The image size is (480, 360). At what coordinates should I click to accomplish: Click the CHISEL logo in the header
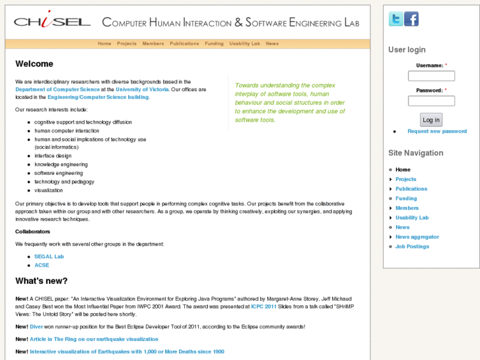pyautogui.click(x=52, y=22)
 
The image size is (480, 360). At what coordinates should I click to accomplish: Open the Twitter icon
pyautogui.click(x=395, y=19)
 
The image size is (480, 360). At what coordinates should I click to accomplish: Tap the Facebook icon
pyautogui.click(x=411, y=19)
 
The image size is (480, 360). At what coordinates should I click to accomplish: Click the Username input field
pyautogui.click(x=431, y=76)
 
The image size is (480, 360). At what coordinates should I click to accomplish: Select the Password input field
pyautogui.click(x=431, y=101)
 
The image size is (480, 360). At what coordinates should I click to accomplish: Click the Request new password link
pyautogui.click(x=436, y=131)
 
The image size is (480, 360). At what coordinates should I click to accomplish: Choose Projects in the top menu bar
pyautogui.click(x=127, y=44)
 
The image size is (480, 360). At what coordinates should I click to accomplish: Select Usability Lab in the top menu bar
pyautogui.click(x=244, y=44)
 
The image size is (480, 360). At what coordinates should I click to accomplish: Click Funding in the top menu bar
pyautogui.click(x=214, y=44)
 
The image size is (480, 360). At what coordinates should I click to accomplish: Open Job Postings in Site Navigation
pyautogui.click(x=412, y=246)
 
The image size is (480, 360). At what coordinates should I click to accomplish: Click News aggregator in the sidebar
pyautogui.click(x=417, y=236)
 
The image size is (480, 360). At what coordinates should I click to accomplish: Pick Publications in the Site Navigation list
pyautogui.click(x=411, y=189)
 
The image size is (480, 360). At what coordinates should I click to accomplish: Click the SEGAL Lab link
pyautogui.click(x=49, y=256)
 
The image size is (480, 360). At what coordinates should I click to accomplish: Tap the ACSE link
pyautogui.click(x=42, y=265)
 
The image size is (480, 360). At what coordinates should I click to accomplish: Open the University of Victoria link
pyautogui.click(x=142, y=89)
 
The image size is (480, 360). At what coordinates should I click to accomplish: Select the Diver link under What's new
pyautogui.click(x=36, y=326)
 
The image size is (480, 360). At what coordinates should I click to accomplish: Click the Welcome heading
pyautogui.click(x=34, y=64)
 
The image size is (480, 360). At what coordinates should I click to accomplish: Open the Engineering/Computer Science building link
pyautogui.click(x=98, y=97)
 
